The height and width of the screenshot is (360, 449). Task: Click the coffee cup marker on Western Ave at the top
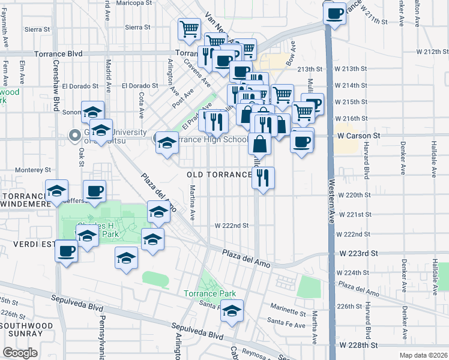click(334, 13)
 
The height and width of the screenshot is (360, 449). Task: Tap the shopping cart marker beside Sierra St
click(189, 28)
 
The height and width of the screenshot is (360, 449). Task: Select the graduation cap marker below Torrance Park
click(232, 311)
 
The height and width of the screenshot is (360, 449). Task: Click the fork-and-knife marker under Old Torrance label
click(263, 177)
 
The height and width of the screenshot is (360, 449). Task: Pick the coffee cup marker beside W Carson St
click(302, 142)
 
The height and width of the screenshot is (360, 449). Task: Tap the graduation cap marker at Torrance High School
click(167, 142)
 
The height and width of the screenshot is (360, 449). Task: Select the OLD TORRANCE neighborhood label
click(219, 175)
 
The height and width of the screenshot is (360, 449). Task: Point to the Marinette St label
click(288, 311)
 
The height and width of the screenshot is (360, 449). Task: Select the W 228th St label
click(358, 346)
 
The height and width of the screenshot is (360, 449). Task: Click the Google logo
click(20, 353)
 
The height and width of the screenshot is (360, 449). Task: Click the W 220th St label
click(355, 195)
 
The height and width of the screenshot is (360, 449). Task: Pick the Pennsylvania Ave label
click(103, 336)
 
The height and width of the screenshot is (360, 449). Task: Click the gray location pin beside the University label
click(76, 136)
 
